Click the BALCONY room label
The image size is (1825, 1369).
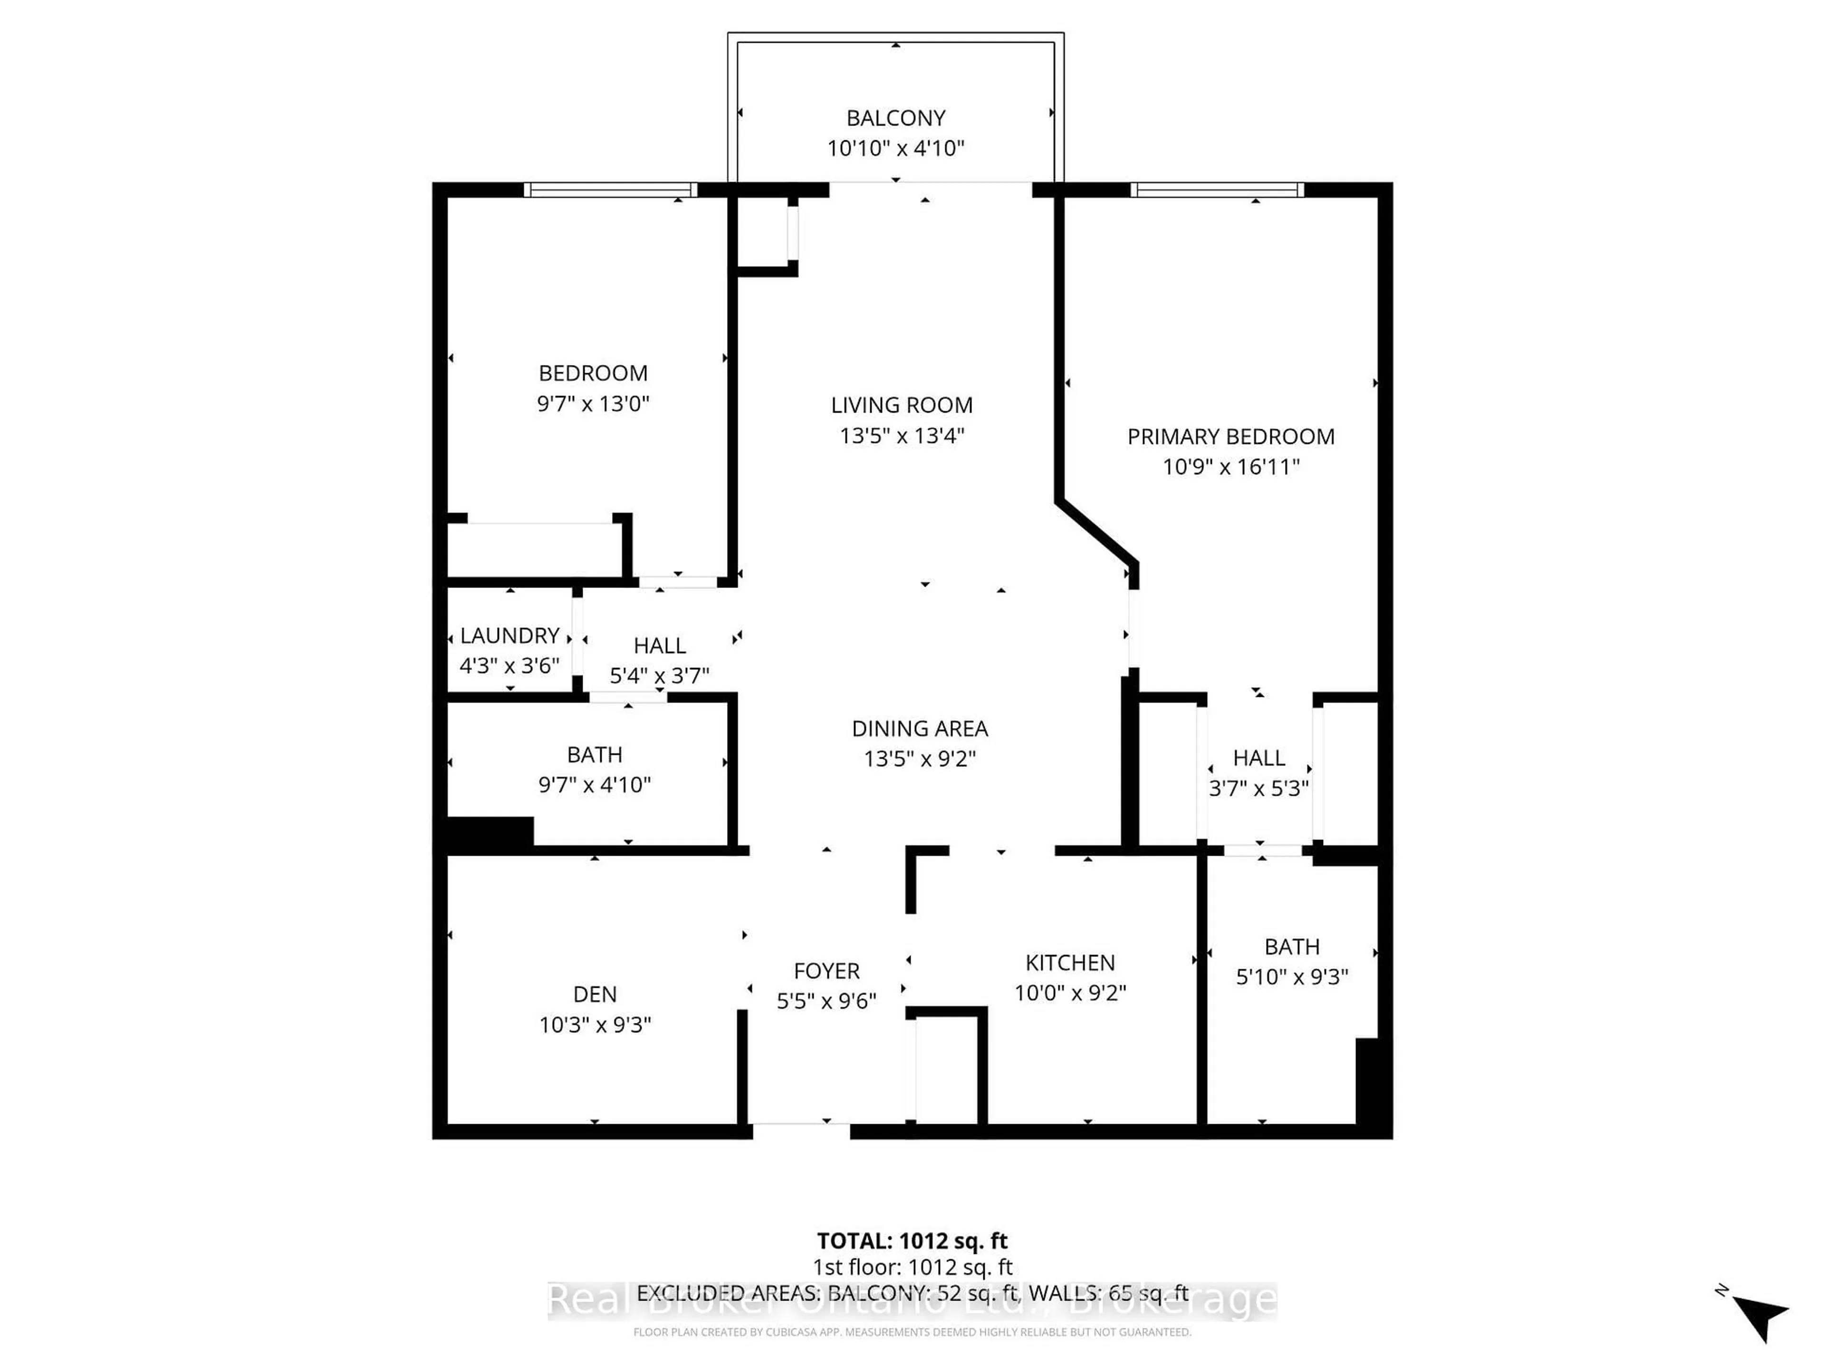coord(895,118)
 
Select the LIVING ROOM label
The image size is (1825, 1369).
coord(901,405)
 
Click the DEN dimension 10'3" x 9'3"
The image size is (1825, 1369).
coord(595,1025)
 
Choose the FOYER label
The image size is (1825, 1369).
coord(826,971)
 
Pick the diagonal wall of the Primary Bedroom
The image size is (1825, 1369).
coord(1097,532)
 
